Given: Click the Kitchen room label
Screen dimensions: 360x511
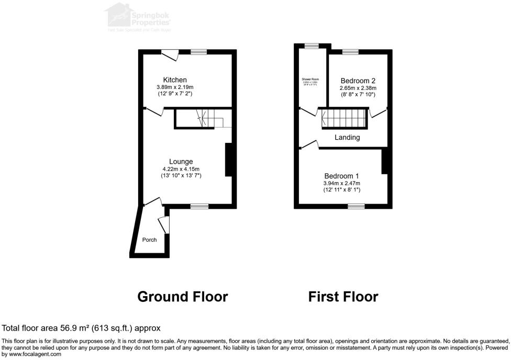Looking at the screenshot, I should (175, 80).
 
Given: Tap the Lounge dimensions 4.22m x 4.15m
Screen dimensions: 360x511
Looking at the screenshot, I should (181, 169).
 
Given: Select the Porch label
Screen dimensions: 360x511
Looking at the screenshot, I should (150, 240).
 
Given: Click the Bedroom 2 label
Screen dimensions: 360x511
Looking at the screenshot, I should (358, 81).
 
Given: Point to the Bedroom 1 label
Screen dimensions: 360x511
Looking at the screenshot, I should (341, 176).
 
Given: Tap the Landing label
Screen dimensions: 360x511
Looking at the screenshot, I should (347, 138).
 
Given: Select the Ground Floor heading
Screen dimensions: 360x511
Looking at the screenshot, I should (182, 297).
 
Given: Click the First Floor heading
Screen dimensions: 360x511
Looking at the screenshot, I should (343, 297).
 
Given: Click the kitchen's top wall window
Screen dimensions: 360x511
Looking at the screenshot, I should (198, 52).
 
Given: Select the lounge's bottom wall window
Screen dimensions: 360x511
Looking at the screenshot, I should (199, 207).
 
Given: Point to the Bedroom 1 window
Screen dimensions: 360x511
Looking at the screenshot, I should (357, 207).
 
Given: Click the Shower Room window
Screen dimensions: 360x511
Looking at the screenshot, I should (312, 46).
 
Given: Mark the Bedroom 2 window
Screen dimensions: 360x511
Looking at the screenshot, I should (351, 52).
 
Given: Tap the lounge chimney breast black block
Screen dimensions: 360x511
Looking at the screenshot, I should (228, 160).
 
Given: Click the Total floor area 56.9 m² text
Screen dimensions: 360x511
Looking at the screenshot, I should (81, 328).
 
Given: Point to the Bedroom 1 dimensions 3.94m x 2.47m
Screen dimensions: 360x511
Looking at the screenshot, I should (341, 183).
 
